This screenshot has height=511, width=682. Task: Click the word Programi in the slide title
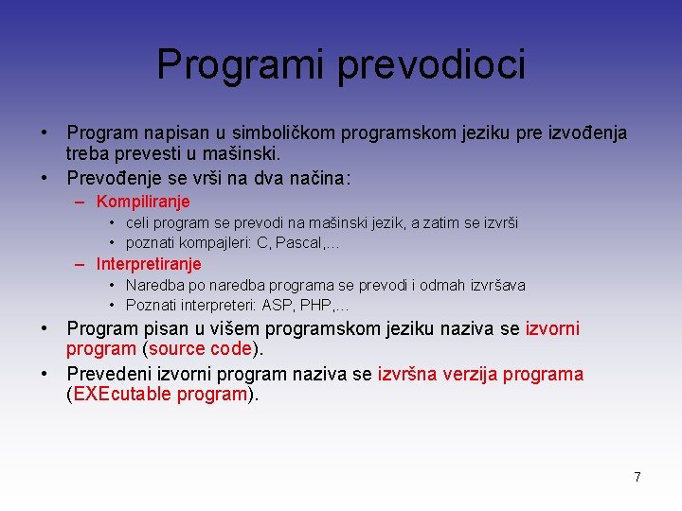(241, 64)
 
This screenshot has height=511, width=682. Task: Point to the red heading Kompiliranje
(143, 202)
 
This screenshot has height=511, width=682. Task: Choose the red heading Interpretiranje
(149, 264)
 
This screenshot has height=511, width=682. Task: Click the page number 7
(637, 477)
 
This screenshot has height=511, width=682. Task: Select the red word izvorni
(552, 328)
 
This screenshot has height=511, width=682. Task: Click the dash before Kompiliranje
(82, 202)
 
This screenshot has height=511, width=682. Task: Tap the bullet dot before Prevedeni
(45, 374)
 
